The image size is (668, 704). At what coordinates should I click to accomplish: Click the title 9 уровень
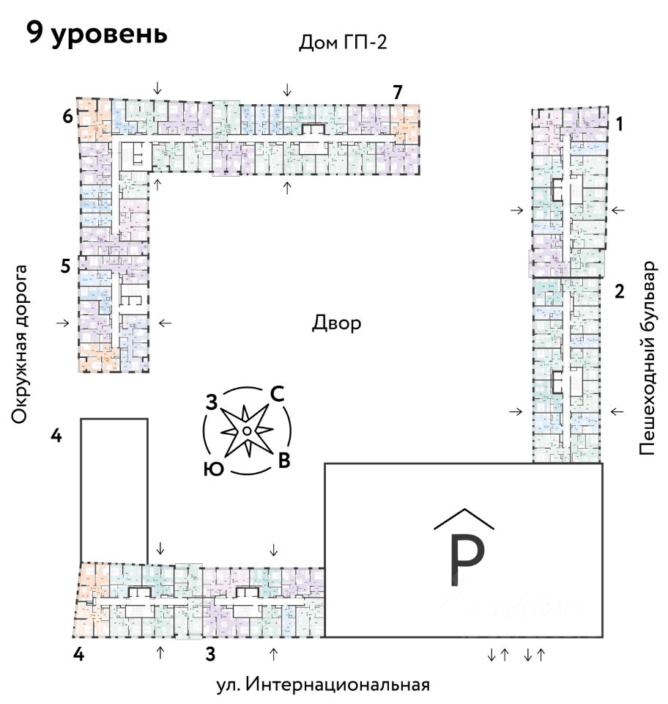97,34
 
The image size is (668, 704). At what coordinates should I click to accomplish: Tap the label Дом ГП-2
342,43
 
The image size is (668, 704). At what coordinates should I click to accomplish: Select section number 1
619,125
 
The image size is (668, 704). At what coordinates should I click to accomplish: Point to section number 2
619,292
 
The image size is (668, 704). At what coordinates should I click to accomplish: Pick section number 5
66,267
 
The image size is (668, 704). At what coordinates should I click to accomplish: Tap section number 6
67,116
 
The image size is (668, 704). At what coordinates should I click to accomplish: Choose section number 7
397,92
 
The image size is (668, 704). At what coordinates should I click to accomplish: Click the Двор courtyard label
336,323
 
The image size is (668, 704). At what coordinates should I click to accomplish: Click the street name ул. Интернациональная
322,685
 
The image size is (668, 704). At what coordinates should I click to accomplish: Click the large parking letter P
465,561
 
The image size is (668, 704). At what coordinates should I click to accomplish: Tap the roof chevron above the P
464,518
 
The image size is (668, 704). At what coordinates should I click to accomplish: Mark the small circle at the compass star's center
248,430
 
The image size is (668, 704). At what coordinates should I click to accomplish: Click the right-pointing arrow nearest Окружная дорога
64,323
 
